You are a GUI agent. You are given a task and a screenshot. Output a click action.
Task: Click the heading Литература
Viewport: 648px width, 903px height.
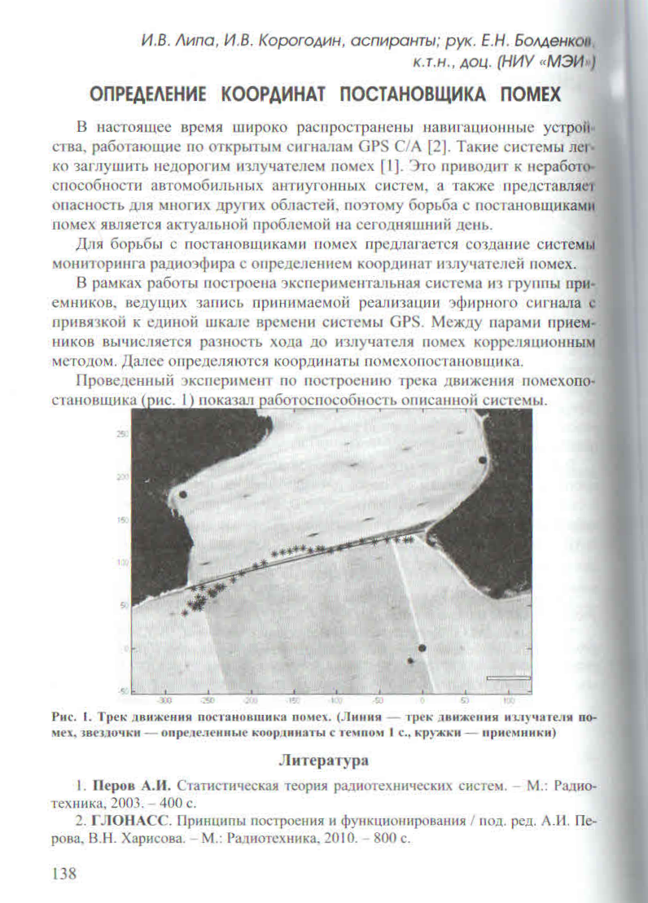(324, 761)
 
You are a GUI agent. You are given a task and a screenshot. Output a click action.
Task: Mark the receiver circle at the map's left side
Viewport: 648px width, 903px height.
(183, 494)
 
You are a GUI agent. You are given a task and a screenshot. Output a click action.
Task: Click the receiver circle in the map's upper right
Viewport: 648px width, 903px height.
(483, 460)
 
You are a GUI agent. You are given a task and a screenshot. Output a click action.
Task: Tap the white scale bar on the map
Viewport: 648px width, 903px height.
(507, 677)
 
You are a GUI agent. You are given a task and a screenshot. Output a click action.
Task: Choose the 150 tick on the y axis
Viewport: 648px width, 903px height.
(123, 519)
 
